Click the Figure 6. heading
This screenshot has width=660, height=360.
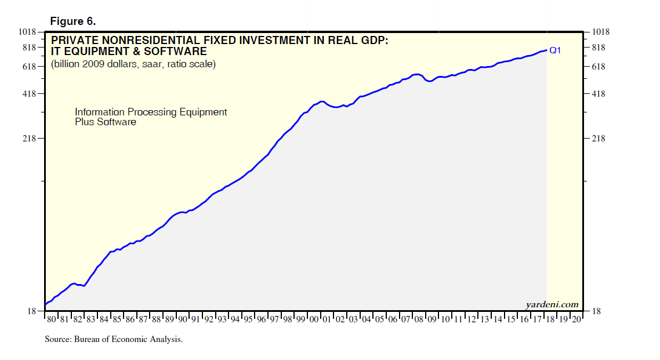tap(73, 21)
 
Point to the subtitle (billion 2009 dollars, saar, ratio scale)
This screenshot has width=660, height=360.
tap(133, 64)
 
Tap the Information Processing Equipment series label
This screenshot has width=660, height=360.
tap(151, 112)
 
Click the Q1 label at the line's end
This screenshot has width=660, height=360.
tap(555, 50)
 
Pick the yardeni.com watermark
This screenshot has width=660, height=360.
tap(552, 304)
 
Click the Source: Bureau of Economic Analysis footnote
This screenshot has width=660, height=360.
tap(114, 339)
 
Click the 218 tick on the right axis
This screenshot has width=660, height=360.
tap(599, 139)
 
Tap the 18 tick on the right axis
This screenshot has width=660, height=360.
tap(596, 312)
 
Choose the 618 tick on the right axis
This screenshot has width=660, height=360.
tap(599, 67)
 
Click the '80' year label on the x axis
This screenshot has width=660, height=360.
tap(51, 319)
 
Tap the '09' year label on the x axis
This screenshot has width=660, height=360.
tap(431, 319)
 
